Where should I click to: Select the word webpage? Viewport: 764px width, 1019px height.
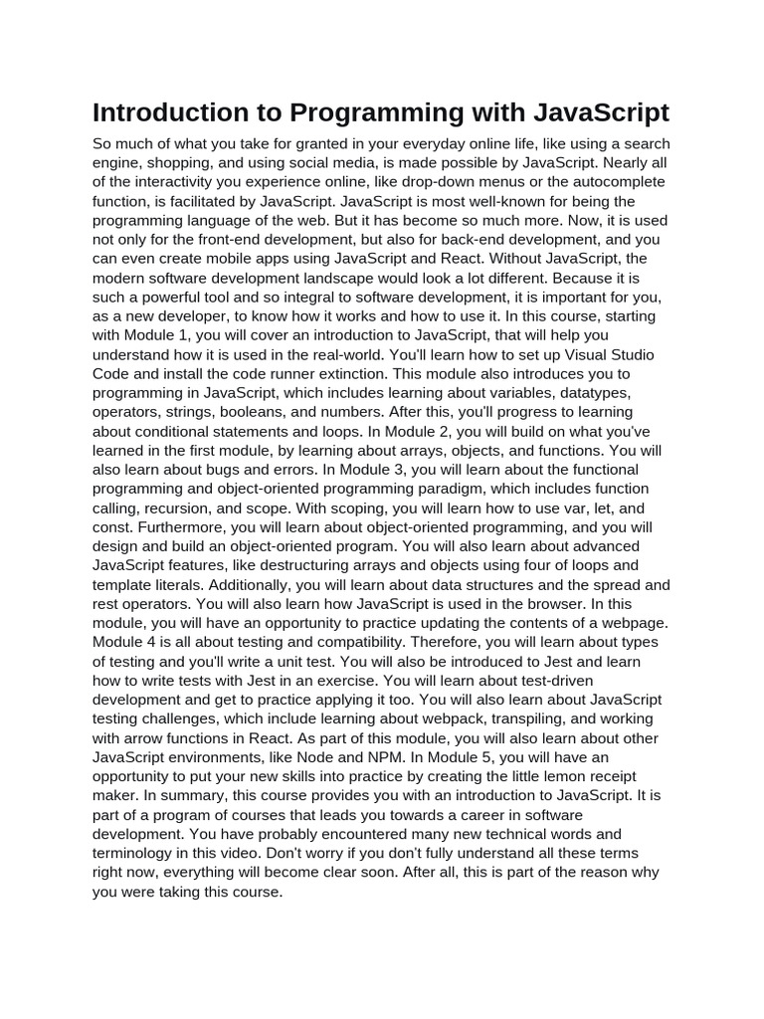[629, 622]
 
